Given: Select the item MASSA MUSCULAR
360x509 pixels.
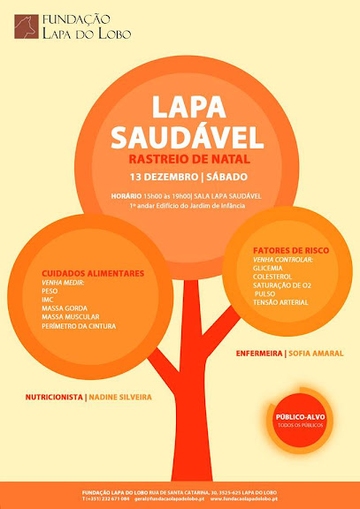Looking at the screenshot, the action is point(70,316).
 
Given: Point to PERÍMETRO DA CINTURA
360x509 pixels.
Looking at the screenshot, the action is point(78,325).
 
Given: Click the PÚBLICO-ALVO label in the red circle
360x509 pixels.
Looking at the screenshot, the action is point(298,415).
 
